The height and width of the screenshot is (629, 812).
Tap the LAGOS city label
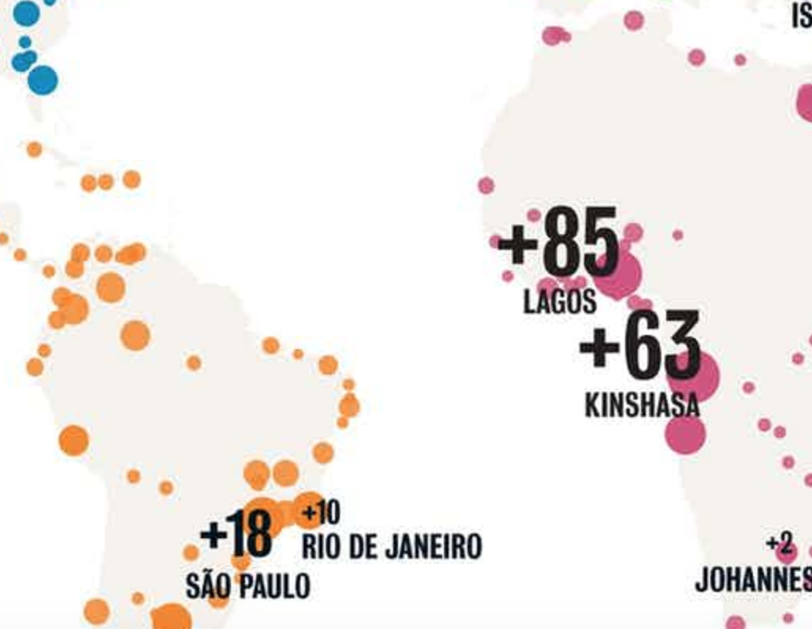(x=560, y=302)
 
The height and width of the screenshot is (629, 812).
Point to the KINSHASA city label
(x=642, y=404)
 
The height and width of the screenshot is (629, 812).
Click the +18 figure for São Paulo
(x=236, y=534)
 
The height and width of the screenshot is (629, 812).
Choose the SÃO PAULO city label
(x=248, y=586)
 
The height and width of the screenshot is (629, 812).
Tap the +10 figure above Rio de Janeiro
(x=322, y=514)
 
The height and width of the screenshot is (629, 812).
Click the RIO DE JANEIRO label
(x=391, y=546)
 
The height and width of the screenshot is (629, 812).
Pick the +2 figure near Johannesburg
(x=778, y=543)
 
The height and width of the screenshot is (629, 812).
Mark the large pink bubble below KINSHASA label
(x=685, y=434)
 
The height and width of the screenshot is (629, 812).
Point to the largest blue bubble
(x=43, y=80)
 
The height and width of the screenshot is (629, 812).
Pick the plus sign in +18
(x=214, y=534)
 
